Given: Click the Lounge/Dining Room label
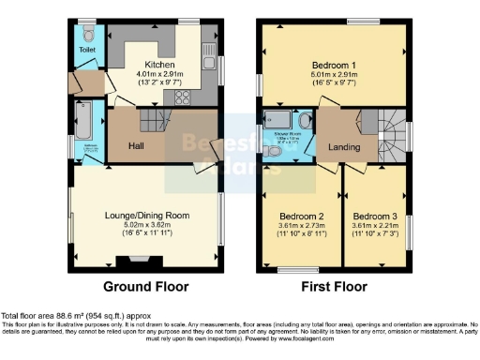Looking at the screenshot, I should (x=145, y=215).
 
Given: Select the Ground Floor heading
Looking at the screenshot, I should (x=145, y=287).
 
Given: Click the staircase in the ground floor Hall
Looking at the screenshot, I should (x=153, y=121).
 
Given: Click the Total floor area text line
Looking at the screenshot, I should (x=75, y=316).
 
